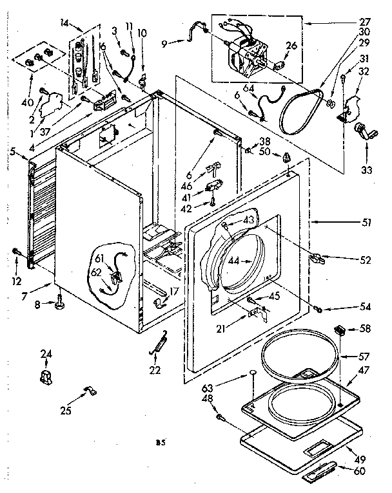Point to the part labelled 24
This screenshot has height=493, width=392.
tap(46, 376)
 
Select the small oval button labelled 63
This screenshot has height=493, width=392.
tap(253, 374)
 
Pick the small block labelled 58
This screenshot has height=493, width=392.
tap(340, 330)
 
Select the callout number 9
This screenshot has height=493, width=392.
tap(164, 44)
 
